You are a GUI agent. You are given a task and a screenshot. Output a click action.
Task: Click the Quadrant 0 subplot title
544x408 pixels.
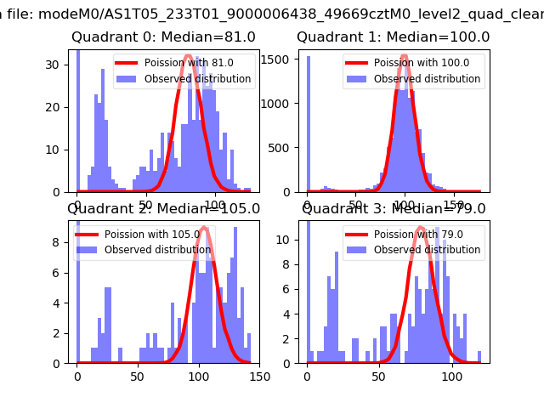point(163,37)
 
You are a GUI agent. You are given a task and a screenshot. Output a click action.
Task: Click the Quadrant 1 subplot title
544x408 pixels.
point(393,37)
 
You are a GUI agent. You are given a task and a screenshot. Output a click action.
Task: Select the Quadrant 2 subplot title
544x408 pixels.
point(163,209)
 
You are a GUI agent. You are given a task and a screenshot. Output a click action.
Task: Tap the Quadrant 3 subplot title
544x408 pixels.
point(394,209)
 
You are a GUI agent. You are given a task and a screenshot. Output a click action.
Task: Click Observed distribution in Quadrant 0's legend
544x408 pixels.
point(197,79)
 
